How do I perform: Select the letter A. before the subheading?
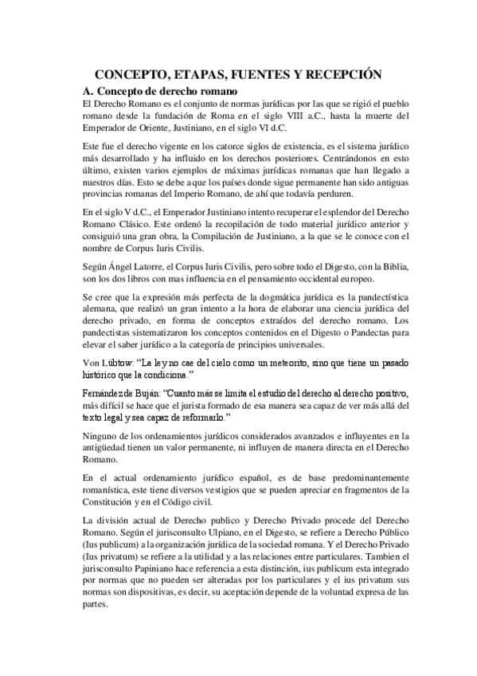(89, 91)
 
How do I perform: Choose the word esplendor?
(317, 214)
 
